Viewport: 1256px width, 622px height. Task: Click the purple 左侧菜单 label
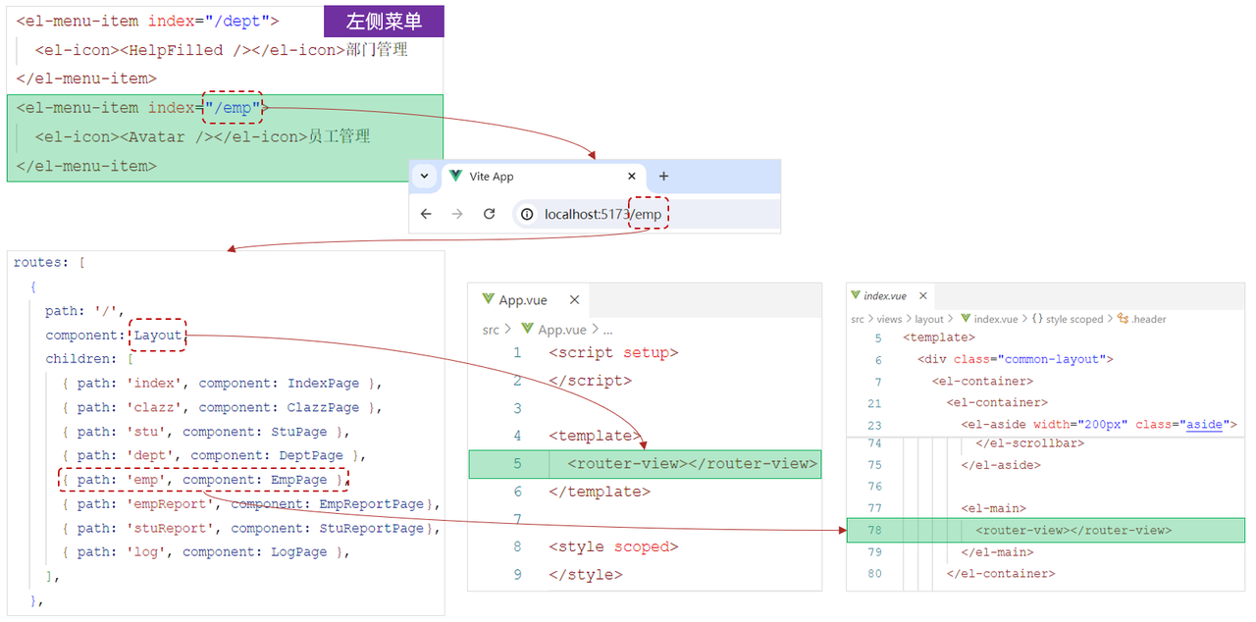click(384, 21)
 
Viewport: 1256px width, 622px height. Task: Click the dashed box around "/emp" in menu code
click(233, 108)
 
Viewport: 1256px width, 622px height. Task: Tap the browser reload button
click(489, 214)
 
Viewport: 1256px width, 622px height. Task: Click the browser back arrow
click(425, 214)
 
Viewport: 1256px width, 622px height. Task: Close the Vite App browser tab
click(633, 177)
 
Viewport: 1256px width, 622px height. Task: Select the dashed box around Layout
click(158, 336)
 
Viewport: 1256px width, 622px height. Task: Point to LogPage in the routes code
click(299, 552)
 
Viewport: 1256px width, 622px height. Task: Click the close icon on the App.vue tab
click(575, 300)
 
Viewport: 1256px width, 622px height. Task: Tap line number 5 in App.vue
click(517, 464)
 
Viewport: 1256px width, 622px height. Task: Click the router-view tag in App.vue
click(692, 464)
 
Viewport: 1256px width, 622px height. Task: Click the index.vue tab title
click(885, 295)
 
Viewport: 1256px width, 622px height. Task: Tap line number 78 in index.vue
click(874, 530)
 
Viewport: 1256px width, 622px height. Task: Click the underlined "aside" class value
click(1205, 425)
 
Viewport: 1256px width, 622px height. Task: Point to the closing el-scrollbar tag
click(1029, 443)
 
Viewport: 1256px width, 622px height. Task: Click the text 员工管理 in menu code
click(339, 137)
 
